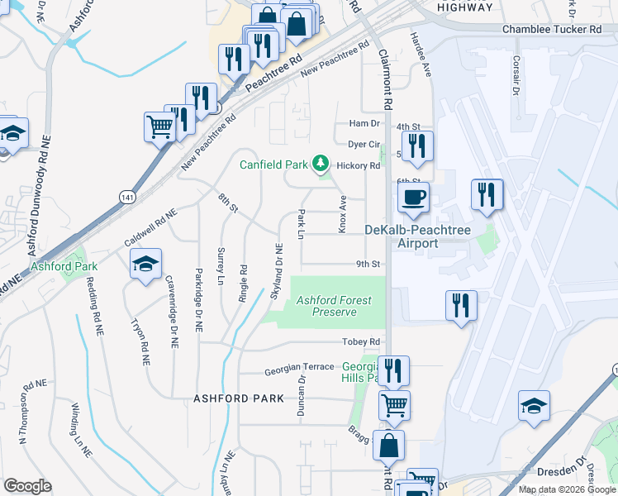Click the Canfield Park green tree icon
321,165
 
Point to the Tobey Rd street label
364,342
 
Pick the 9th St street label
368,265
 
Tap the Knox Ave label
342,213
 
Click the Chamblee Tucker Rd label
552,30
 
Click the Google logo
27,486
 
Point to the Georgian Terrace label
299,367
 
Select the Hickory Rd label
364,165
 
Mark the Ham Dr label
364,123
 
